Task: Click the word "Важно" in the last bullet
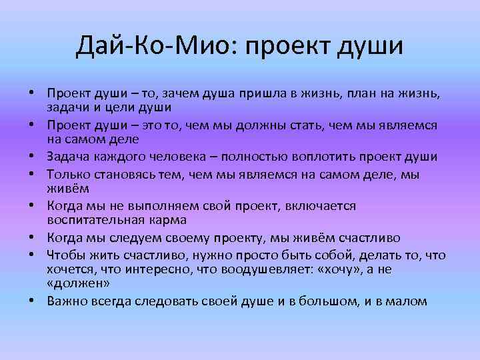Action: pyautogui.click(x=67, y=301)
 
